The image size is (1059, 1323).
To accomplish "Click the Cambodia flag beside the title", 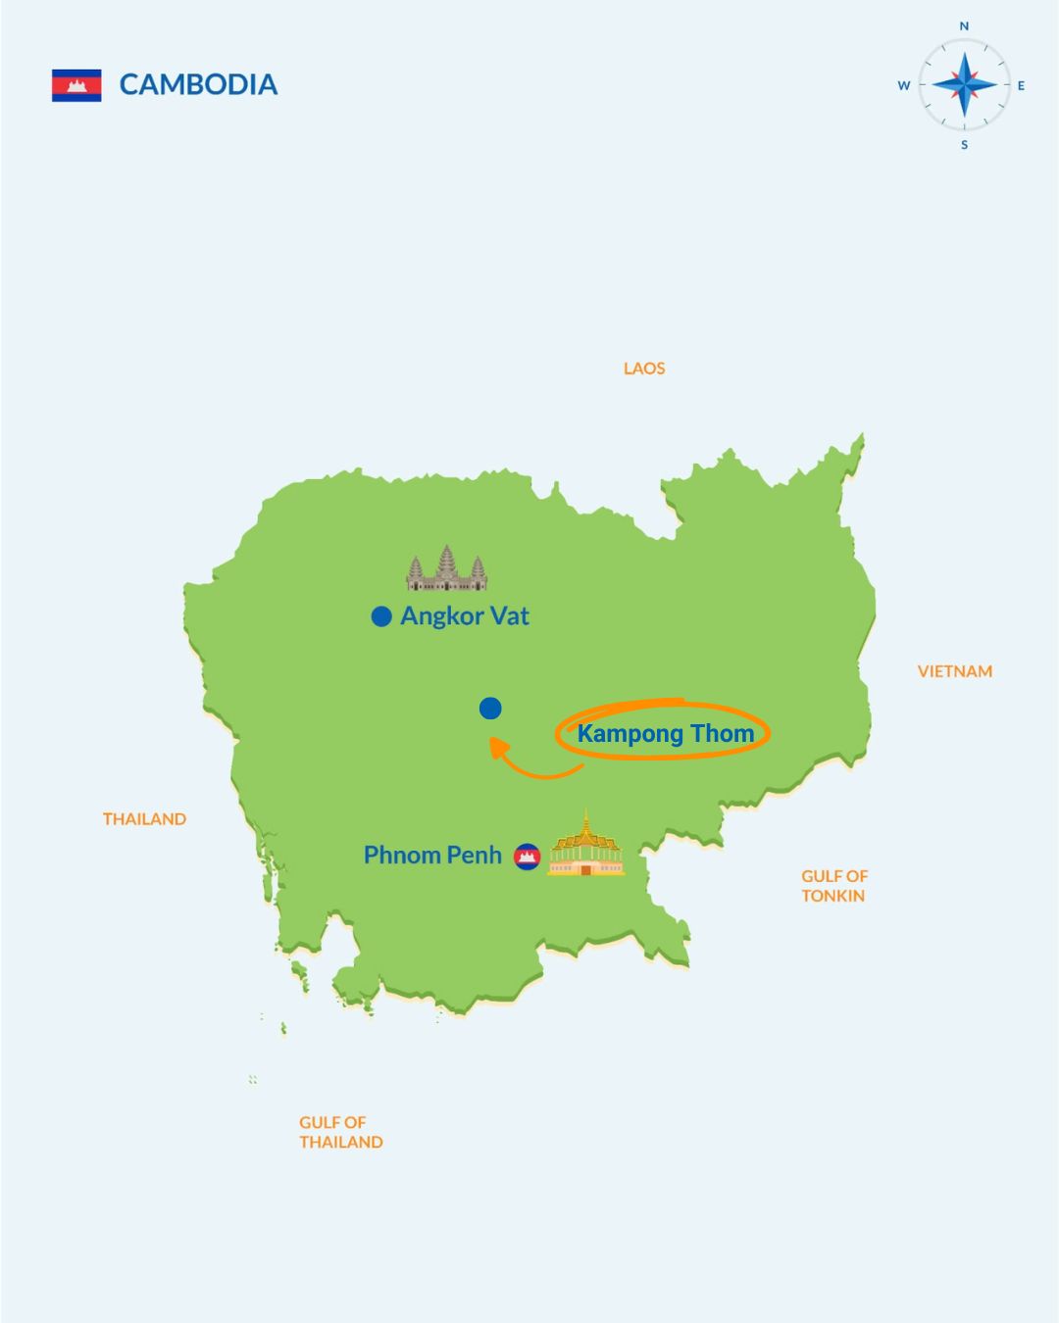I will [76, 85].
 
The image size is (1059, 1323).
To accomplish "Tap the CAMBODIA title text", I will [198, 85].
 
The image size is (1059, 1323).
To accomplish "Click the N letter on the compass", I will [964, 26].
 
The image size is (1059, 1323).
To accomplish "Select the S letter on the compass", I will [964, 145].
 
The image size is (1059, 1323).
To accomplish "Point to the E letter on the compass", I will [1021, 86].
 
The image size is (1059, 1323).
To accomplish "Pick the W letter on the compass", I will [904, 86].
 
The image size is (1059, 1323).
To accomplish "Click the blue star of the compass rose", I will [964, 85].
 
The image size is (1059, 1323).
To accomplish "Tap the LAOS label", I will [644, 368].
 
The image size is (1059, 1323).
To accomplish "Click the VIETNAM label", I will [954, 671].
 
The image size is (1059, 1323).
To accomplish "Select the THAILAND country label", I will [144, 819].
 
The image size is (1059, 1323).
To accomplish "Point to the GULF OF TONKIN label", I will [833, 886].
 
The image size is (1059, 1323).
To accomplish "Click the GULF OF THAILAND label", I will [340, 1132].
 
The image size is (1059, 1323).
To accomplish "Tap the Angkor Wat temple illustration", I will [446, 569].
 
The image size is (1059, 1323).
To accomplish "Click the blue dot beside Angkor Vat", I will [381, 616].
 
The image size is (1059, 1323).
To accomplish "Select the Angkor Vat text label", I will [465, 616].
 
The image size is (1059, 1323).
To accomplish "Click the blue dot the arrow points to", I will [490, 708].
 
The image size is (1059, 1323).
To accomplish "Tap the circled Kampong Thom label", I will [665, 733].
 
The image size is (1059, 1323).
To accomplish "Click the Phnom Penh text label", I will [432, 856].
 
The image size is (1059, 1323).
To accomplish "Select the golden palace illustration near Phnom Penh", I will [585, 847].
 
